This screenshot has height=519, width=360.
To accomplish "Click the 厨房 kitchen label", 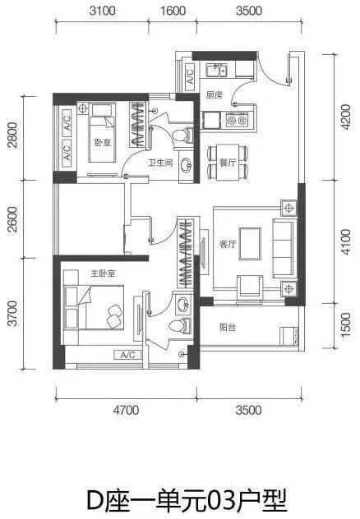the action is point(215,95).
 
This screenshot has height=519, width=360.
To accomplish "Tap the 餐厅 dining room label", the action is point(228,163).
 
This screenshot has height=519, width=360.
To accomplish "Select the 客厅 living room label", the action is point(228,244).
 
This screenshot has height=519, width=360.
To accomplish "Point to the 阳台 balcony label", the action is point(228,328).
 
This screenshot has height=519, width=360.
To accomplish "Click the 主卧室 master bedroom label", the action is point(103,273).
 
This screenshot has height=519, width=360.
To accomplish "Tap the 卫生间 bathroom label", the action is point(160,163).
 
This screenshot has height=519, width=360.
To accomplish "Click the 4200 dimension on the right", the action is point(345,117).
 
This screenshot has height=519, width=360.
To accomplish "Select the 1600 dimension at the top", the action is point(173,11).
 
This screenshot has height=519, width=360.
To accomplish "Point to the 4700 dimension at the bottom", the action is point(126,410).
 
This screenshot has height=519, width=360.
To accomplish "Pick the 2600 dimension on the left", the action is point(12,219).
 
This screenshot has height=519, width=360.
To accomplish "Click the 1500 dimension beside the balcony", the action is point(345,325).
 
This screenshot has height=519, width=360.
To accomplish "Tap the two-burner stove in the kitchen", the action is point(237,120).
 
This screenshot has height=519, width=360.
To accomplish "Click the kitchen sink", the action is point(215,70).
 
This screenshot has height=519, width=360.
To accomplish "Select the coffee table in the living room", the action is point(250,244).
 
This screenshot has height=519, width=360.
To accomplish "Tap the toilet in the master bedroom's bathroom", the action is point(180,324).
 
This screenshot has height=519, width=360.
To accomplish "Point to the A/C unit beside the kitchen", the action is point(190,77).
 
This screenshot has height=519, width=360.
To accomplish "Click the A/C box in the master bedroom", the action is point(127,355).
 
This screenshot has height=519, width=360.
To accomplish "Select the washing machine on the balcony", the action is point(289,336).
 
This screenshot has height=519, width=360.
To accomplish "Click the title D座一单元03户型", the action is point(187,500).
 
